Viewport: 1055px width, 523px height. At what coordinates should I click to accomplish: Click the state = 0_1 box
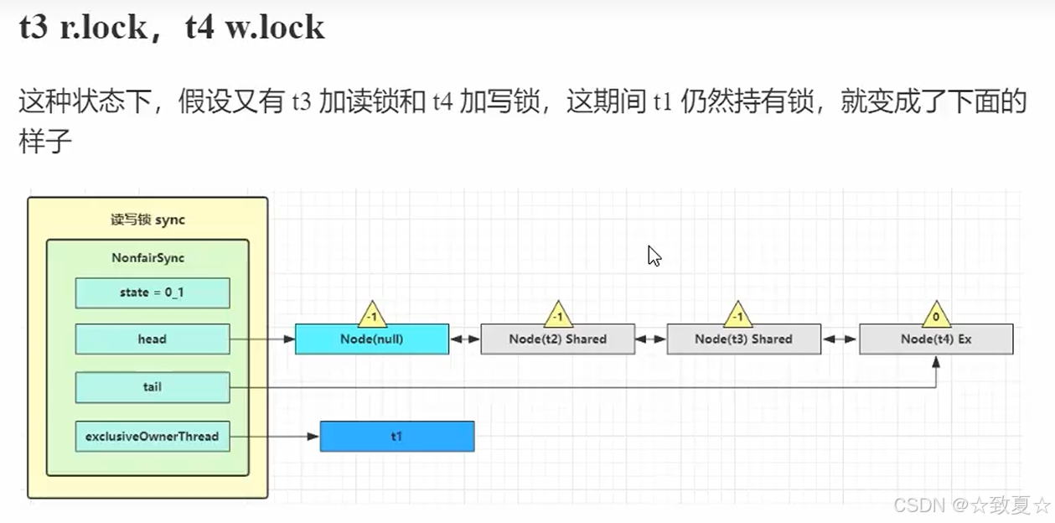(152, 293)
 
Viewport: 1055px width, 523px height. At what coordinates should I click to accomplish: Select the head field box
(152, 339)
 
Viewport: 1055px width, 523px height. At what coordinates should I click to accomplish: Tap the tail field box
(152, 387)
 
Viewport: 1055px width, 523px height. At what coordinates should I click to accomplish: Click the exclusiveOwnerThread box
(152, 436)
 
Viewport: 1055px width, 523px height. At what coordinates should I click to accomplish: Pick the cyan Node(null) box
(371, 339)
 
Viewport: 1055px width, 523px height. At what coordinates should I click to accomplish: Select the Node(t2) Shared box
(557, 339)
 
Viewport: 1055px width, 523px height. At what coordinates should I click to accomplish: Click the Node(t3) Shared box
(743, 339)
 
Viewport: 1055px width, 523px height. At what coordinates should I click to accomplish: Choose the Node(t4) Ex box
(936, 339)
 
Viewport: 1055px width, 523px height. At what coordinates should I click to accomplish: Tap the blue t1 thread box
(396, 436)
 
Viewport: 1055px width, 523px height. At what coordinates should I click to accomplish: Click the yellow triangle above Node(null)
(372, 316)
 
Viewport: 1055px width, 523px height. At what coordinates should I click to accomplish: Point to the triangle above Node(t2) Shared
(558, 316)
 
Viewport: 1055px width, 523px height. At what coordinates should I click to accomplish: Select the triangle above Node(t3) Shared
(737, 316)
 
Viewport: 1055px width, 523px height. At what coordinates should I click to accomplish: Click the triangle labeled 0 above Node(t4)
(936, 316)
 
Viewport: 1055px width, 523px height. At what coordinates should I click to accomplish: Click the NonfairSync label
(147, 258)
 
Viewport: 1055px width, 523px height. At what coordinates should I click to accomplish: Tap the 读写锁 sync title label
(147, 220)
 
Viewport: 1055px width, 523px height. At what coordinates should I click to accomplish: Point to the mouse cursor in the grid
(654, 255)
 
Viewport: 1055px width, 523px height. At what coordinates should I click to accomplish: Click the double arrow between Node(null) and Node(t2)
(464, 339)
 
